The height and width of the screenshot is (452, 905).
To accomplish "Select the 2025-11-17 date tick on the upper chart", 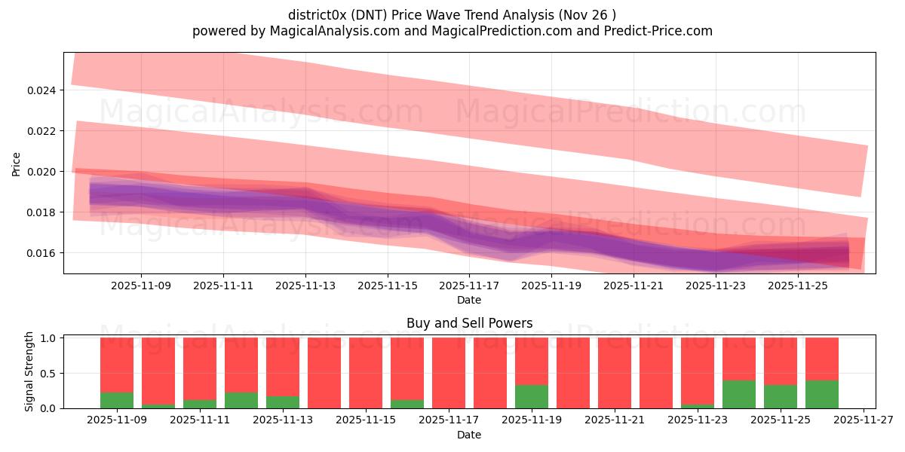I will click(x=470, y=286).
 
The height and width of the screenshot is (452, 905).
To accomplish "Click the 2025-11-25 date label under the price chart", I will click(x=799, y=286).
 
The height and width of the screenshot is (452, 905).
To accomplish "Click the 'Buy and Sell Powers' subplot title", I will click(x=469, y=323).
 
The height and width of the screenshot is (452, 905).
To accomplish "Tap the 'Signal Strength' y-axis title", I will click(x=30, y=371).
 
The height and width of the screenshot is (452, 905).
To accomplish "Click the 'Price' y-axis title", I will click(x=17, y=163).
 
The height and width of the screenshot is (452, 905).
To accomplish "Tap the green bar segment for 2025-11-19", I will click(x=532, y=397).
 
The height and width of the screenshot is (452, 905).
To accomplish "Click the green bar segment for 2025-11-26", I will click(x=822, y=394).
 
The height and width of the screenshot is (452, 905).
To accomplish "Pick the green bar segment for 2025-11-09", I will click(x=117, y=401).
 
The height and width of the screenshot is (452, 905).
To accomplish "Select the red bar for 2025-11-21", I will click(x=615, y=373).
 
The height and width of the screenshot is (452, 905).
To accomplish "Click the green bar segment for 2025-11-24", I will click(x=739, y=394).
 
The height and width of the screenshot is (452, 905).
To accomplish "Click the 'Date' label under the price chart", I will click(x=469, y=300).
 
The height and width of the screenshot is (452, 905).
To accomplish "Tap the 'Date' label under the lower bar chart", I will click(x=469, y=435).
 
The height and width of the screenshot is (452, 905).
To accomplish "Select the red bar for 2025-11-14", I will click(x=324, y=373).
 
